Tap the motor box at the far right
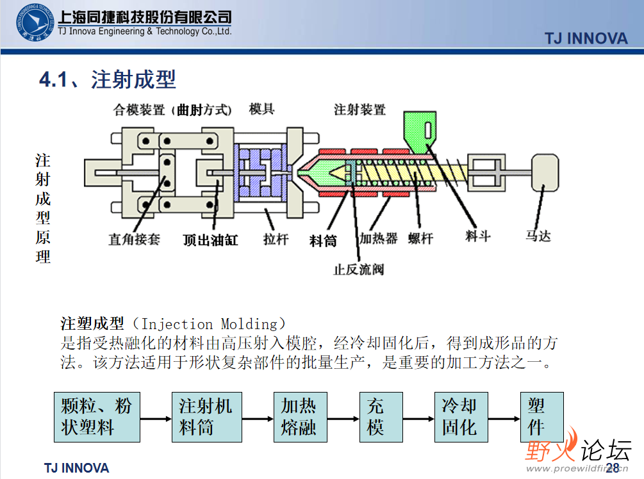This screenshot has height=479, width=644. pos(543,171)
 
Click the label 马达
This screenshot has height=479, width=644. pos(538,236)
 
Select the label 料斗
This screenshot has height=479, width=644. pos(477,236)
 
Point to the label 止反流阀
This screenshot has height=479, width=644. pos(359,269)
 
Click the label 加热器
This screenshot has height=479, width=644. pos(378,239)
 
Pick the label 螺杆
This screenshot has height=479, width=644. pos(420,239)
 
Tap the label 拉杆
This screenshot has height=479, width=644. pos(276,239)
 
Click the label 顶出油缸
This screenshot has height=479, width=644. pos(210,240)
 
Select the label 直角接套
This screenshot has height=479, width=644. pos(134,239)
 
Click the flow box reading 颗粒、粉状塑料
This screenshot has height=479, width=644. pos(97,417)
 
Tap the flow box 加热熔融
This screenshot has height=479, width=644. pos(299,417)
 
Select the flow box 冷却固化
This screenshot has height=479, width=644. pos(459,417)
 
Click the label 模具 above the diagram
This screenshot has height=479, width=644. pos(262,109)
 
